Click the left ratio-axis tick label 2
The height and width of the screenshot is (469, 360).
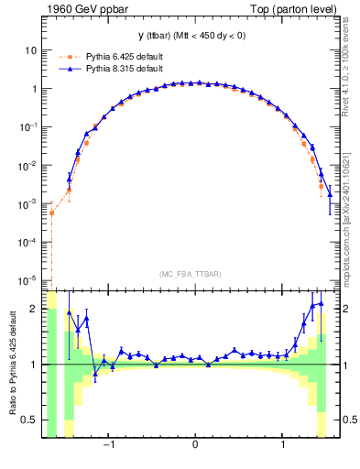point(33,310)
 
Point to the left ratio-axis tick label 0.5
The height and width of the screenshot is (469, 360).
point(29,420)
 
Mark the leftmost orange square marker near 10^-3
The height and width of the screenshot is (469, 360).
point(52,213)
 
